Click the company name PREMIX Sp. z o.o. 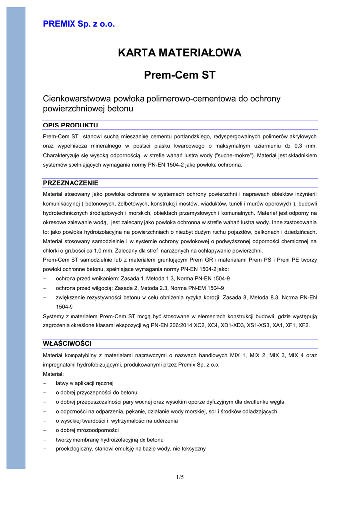click(x=78, y=24)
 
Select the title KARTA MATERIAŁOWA click(x=180, y=53)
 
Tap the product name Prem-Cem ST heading click(x=180, y=75)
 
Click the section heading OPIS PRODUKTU click(x=71, y=125)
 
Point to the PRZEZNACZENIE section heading click(x=71, y=183)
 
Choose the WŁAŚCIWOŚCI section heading click(x=67, y=343)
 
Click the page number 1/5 click(x=180, y=477)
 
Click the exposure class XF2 click(x=303, y=325)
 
